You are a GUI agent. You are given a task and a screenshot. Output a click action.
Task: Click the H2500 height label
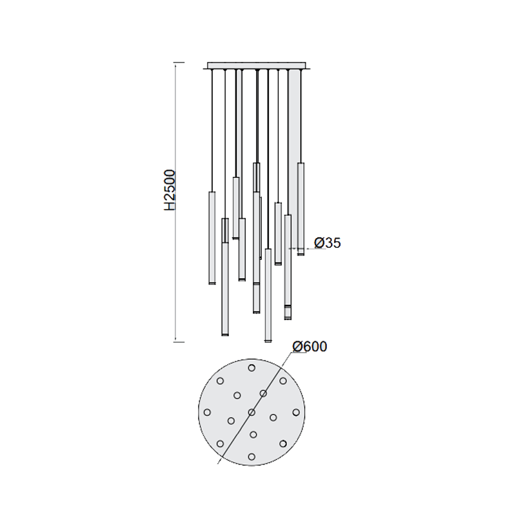pyautogui.click(x=170, y=190)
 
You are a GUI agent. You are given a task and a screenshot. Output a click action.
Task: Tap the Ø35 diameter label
pyautogui.click(x=328, y=243)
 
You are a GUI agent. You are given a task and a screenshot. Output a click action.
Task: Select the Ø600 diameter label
pyautogui.click(x=310, y=346)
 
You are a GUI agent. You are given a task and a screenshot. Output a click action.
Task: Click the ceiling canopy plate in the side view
pyautogui.click(x=256, y=66)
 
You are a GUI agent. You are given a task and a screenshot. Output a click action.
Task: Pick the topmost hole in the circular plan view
pyautogui.click(x=252, y=368)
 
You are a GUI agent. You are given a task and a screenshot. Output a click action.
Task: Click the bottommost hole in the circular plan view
pyautogui.click(x=252, y=457)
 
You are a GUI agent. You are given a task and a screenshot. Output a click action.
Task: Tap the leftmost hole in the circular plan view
pyautogui.click(x=207, y=412)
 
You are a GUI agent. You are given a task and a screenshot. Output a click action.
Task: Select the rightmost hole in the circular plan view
pyautogui.click(x=296, y=412)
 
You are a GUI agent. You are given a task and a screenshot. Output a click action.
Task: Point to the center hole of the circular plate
pyautogui.click(x=252, y=412)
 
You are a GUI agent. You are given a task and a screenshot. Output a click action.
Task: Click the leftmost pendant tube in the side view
pyautogui.click(x=212, y=237)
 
